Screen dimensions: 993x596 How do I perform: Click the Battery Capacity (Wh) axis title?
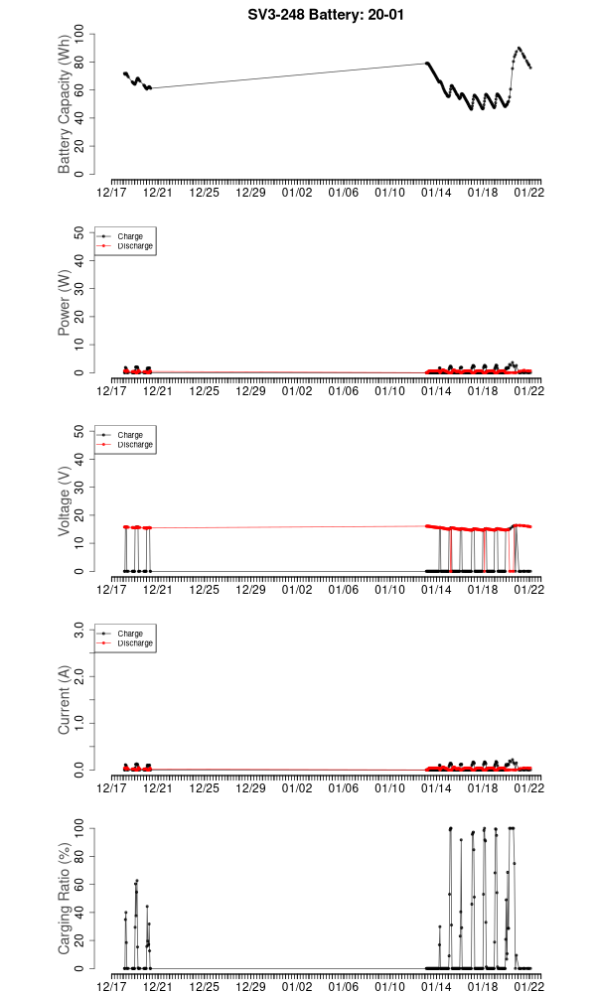tap(65, 105)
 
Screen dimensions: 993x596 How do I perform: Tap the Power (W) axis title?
tap(65, 304)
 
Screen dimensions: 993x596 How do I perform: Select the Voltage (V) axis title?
tap(65, 501)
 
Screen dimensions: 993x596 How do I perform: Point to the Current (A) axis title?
tap(65, 700)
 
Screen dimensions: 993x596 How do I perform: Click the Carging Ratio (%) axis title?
tap(65, 899)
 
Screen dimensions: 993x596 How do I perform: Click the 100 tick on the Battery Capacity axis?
tap(81, 35)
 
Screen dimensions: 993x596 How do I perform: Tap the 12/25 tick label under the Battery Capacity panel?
tap(205, 192)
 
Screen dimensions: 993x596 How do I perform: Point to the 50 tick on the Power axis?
tap(81, 232)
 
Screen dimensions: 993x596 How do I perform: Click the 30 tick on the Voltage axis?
tap(81, 487)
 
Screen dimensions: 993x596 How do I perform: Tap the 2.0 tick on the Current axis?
tap(81, 675)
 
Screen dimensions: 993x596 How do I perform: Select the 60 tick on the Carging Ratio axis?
tap(81, 884)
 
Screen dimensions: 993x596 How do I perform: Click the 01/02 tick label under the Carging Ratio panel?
tap(298, 986)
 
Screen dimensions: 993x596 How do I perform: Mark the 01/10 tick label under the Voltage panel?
tap(390, 589)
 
